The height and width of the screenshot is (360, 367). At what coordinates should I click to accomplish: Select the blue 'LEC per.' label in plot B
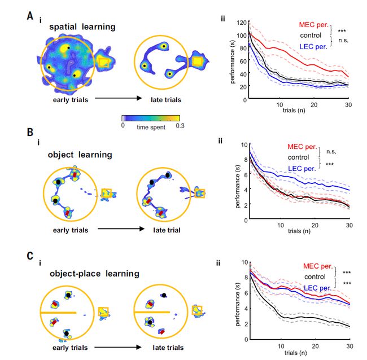pos(304,168)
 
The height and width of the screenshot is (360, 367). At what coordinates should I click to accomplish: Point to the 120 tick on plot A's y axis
pos(241,23)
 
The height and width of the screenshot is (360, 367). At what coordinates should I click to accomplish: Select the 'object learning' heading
pos(72,154)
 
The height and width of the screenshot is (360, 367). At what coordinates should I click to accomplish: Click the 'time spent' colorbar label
pos(150,128)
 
